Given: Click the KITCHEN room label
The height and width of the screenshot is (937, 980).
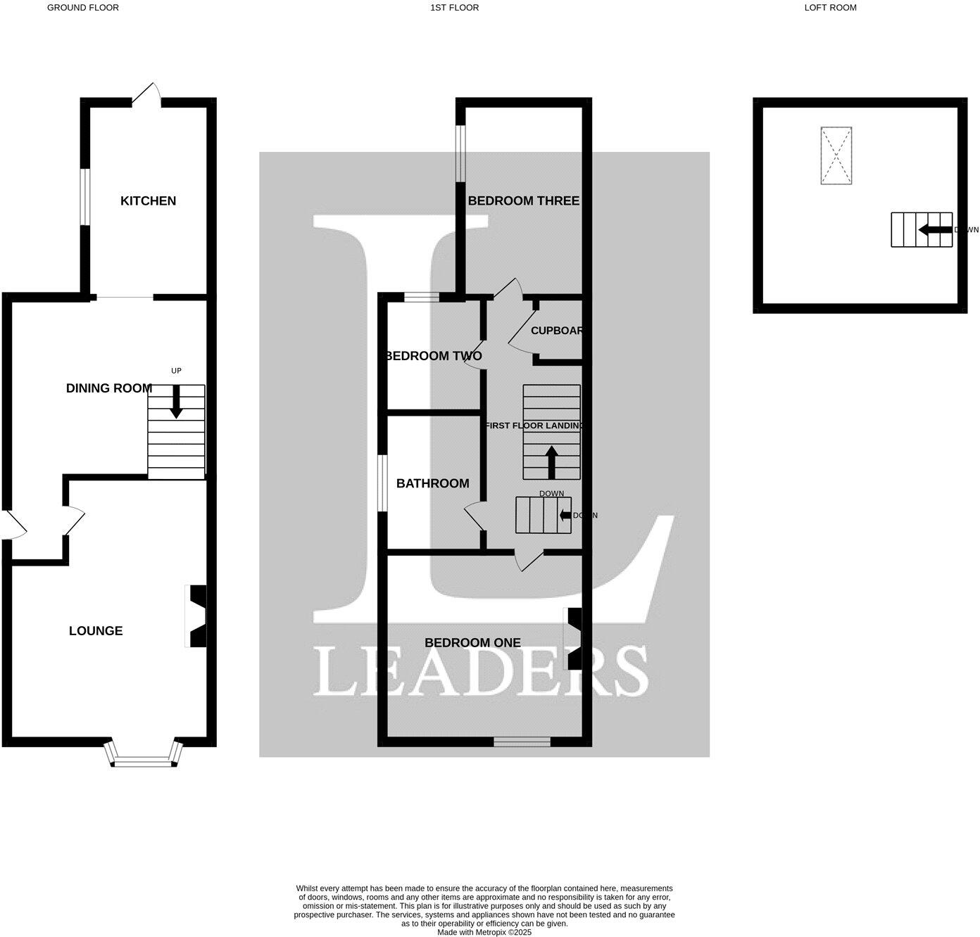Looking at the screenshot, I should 148,201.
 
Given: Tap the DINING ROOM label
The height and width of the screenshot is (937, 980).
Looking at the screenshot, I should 109,388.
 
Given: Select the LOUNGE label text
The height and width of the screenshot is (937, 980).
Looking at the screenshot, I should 96,631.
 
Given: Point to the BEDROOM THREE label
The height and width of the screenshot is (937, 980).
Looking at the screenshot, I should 523,201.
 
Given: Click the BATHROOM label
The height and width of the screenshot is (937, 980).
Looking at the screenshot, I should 432,484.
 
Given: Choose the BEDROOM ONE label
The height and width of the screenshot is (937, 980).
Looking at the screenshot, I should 472,643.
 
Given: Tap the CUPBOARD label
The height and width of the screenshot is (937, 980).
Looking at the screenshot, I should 557,331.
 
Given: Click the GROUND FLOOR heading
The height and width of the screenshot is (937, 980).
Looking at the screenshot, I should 83,8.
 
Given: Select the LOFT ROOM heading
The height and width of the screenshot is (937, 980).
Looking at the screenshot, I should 830,8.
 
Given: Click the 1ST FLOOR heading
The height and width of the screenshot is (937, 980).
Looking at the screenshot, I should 454,8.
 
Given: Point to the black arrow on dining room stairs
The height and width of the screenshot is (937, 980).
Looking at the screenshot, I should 176,402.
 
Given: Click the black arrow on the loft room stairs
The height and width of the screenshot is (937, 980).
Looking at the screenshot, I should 934,230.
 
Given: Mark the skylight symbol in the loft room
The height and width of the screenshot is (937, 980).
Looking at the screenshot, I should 836,155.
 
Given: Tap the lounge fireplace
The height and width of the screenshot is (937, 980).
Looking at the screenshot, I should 197,616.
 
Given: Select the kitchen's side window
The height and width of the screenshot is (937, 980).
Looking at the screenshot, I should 84,197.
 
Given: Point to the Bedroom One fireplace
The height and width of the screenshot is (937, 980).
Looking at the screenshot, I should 574,638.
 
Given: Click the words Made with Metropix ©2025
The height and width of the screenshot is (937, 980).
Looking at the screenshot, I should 484,932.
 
